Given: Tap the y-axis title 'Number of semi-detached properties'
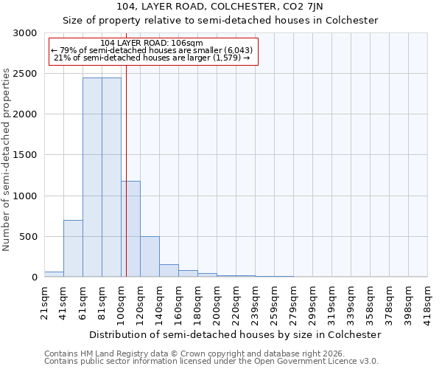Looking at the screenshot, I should pos(7,159).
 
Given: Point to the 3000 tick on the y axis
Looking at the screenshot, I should pos(24,33).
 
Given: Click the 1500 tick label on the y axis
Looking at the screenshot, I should pos(24,155).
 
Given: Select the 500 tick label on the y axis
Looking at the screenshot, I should pos(27,237).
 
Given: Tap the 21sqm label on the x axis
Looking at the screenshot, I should pos(44,302).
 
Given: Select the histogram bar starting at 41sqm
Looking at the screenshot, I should pos(73,249).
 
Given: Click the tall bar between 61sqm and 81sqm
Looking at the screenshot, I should pos(92,177).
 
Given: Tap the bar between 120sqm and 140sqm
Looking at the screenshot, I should pos(150,257).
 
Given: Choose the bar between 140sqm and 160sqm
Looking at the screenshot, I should pos(169,270).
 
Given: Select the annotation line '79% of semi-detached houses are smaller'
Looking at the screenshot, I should pos(152,51).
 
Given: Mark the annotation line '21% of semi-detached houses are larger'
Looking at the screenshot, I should pos(152,58).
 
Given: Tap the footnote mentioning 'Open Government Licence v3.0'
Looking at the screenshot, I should pos(211,362).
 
